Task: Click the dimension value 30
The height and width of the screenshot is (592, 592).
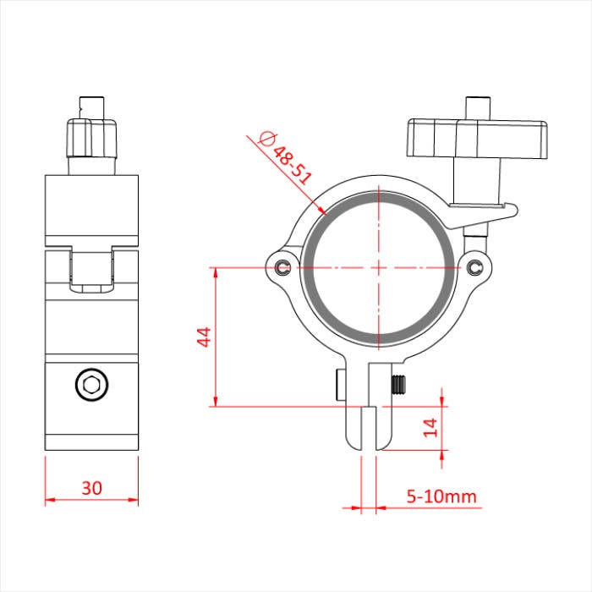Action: tap(91, 488)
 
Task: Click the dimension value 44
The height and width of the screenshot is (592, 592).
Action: tap(202, 337)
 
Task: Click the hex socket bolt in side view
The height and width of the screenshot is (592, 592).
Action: tap(91, 386)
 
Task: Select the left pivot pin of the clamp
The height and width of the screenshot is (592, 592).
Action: tap(282, 268)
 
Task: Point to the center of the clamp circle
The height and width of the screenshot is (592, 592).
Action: tap(378, 268)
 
